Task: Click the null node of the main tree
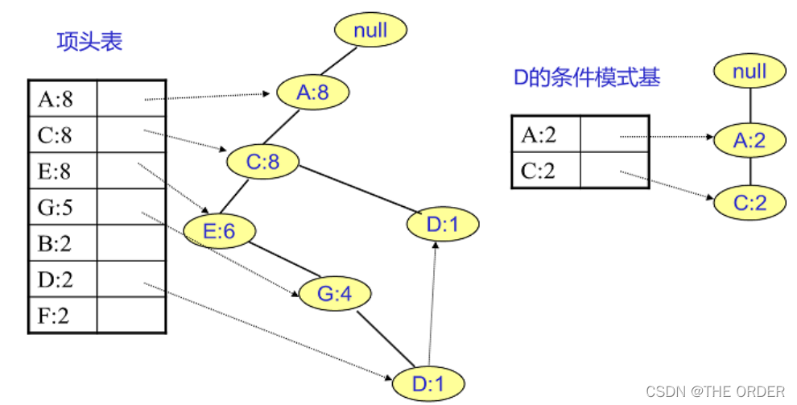coord(372,31)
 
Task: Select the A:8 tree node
coord(313,93)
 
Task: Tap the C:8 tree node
coord(262,163)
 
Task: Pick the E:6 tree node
coord(219,231)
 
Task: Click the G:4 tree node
coord(335,295)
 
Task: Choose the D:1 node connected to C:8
coord(442,225)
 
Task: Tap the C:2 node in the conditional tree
coord(750,201)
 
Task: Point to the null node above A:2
coord(749,72)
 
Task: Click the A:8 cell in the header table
coord(62,100)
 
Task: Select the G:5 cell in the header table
coord(62,208)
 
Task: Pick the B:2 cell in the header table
coord(62,243)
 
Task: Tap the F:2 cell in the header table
coord(62,315)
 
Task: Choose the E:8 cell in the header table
coord(62,172)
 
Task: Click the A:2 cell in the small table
coord(546,134)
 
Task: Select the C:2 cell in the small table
coord(546,170)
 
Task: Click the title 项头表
coord(89,42)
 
